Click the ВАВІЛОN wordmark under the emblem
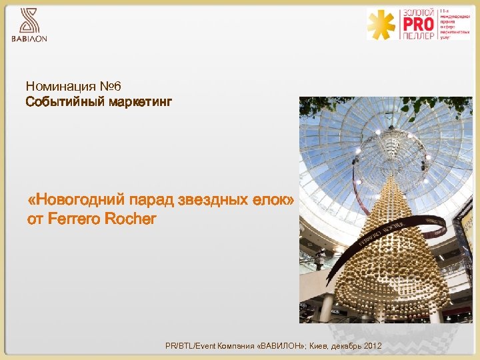click(x=29, y=39)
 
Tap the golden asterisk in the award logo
click(x=382, y=25)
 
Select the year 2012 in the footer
click(x=373, y=346)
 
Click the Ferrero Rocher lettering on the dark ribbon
click(x=381, y=234)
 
